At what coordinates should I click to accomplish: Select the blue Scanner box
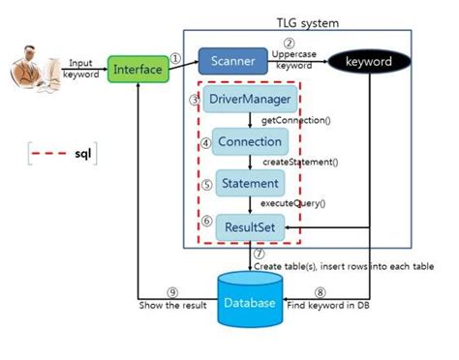(x=232, y=62)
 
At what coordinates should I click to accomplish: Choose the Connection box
(x=249, y=141)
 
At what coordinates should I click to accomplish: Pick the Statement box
(x=249, y=182)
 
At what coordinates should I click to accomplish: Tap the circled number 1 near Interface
(x=175, y=57)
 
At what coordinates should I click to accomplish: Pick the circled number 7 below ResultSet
(x=259, y=253)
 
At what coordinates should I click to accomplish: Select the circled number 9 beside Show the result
(x=171, y=291)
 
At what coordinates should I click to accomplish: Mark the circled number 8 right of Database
(x=321, y=291)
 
